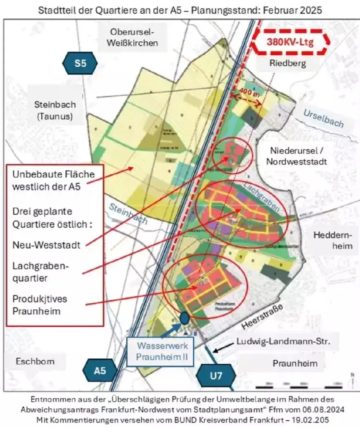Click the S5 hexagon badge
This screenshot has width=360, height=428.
[80, 64]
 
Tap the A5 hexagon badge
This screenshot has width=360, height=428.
[100, 370]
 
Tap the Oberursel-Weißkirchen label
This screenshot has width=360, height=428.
[132, 37]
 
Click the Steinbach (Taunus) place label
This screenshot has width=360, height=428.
[54, 111]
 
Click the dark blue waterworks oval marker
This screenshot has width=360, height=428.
[184, 318]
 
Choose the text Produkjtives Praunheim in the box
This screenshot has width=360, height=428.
[40, 305]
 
